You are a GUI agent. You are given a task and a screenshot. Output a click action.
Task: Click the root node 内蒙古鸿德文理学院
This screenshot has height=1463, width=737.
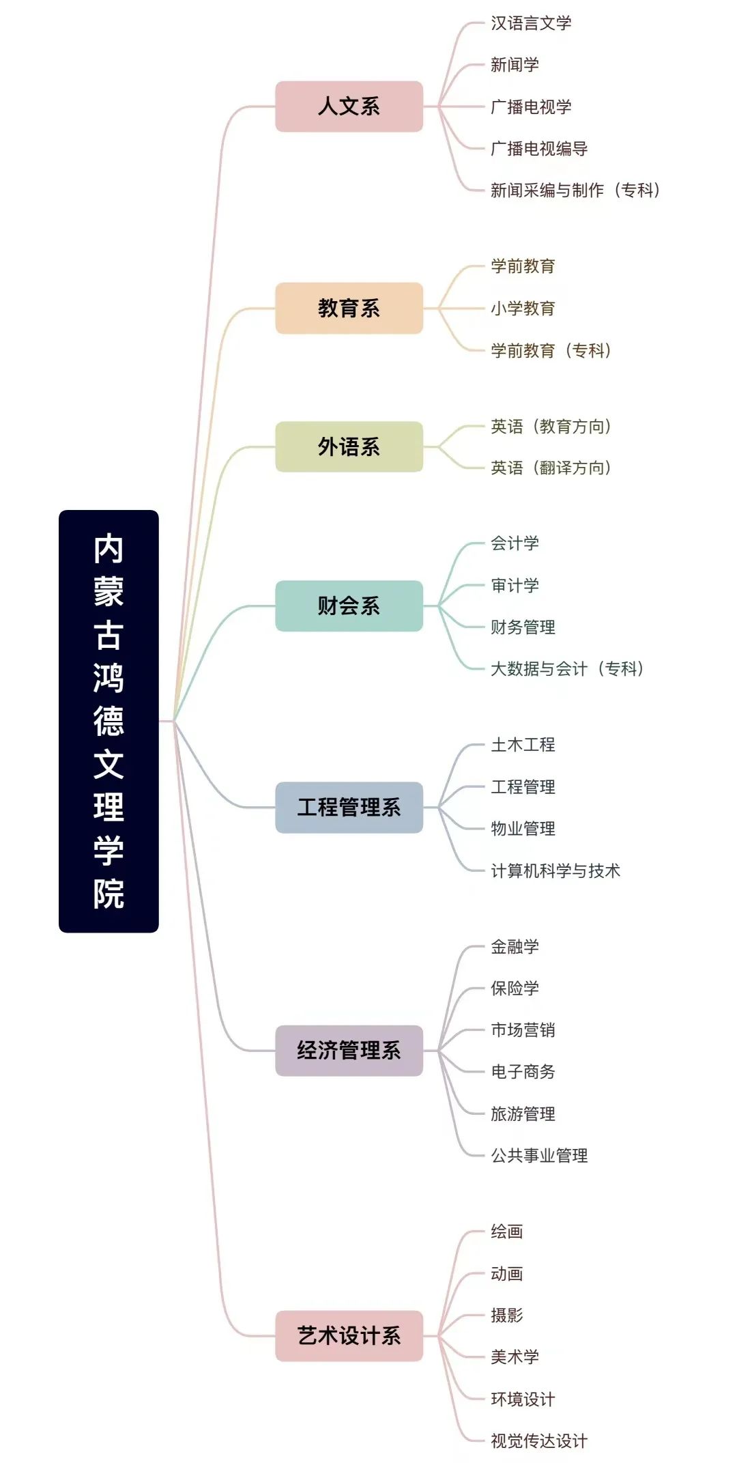[x=109, y=721]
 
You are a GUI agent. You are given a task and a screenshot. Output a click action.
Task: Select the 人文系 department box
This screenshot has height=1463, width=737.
[x=349, y=106]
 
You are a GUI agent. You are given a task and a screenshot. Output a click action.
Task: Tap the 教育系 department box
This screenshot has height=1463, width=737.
[x=349, y=308]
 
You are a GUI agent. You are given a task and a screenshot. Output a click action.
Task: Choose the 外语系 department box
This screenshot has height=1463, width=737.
[x=349, y=446]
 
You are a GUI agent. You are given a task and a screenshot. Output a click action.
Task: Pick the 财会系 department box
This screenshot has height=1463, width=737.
[x=349, y=606]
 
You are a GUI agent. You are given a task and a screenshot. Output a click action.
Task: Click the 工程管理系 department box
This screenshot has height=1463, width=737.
[x=349, y=807]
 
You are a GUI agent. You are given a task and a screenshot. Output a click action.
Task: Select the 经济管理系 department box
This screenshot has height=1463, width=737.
[x=349, y=1050]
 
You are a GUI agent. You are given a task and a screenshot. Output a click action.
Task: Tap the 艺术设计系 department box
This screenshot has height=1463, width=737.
[x=349, y=1335]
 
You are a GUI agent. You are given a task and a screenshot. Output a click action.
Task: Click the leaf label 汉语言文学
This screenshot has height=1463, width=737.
[x=531, y=23]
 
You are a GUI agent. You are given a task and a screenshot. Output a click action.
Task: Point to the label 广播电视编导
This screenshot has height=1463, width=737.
[x=539, y=149]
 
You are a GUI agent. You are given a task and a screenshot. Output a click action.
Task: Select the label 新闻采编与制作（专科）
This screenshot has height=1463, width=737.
[x=575, y=190]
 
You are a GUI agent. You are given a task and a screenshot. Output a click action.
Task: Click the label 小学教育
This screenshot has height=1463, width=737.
[x=523, y=309]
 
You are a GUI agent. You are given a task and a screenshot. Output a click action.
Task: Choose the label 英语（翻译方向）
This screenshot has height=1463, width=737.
[x=551, y=468]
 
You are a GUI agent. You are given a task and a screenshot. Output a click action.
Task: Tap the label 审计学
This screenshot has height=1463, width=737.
[x=515, y=585]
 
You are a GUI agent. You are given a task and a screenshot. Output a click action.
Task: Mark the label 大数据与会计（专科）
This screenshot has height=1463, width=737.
[x=567, y=668]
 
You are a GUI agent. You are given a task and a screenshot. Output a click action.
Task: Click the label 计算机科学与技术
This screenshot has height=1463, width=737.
[x=555, y=870]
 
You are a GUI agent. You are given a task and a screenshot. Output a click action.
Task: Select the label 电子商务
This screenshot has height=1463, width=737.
[x=523, y=1072]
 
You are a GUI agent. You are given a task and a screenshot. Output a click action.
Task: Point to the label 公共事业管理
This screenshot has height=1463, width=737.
[x=539, y=1155]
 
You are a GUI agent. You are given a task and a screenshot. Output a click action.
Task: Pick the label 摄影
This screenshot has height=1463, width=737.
[x=506, y=1316]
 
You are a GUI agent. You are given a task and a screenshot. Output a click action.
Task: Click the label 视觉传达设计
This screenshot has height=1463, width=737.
[x=539, y=1440]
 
